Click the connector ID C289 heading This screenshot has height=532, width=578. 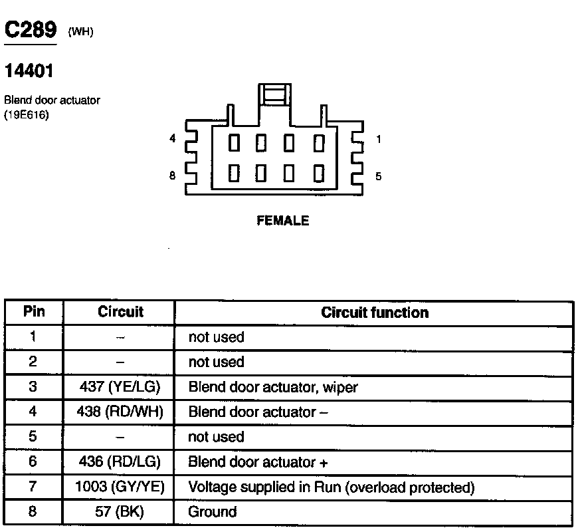coord(30,30)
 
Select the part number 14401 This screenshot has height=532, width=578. coord(29,69)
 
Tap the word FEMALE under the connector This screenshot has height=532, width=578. coord(283,221)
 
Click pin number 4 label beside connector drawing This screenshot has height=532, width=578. coord(173,140)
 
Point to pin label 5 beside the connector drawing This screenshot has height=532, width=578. coord(379,177)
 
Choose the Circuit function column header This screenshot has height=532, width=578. coord(375,313)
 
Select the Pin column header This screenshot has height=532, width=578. coord(34,312)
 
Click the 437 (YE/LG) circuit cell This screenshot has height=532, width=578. coord(120,387)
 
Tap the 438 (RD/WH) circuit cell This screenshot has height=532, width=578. coord(120,412)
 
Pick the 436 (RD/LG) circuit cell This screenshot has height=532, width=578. coord(120,462)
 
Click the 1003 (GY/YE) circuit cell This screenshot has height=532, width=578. coord(120,487)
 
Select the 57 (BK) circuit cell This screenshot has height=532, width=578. coord(120,512)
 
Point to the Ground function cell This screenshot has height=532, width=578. coord(213,512)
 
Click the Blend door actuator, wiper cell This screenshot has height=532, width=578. coord(273,387)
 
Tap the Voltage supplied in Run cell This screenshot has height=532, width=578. coord(332,487)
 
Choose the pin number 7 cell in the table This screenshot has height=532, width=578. coord(33,487)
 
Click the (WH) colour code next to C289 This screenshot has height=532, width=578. coord(80,33)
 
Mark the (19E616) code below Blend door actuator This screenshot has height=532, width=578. coord(27,114)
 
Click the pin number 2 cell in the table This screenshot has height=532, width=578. coord(33,362)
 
